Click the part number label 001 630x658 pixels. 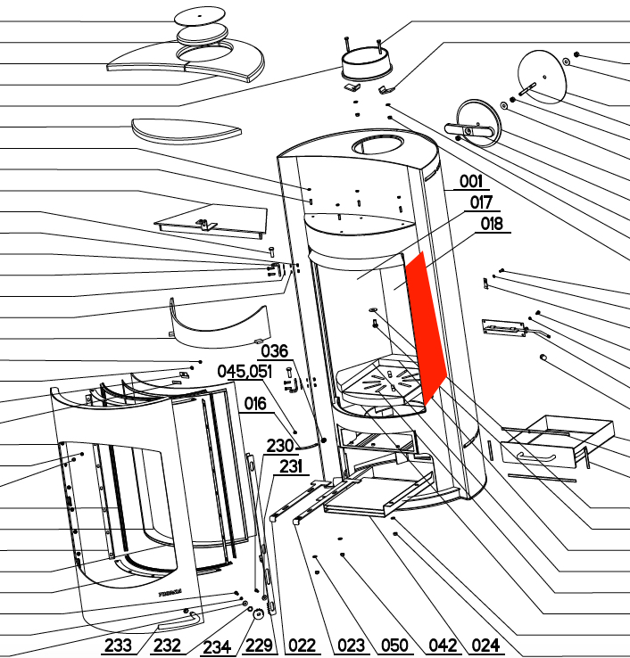[x=471, y=181]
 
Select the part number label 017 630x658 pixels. [x=481, y=202]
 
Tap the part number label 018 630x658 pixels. [x=492, y=224]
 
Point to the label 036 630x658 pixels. [x=275, y=351]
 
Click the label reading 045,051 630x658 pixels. [x=245, y=372]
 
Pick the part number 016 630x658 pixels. [x=255, y=404]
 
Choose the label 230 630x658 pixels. [x=280, y=446]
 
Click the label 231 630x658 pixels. [x=291, y=466]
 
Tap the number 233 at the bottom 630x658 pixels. [x=118, y=645]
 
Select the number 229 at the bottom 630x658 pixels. [x=259, y=645]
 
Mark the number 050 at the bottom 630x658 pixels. [x=394, y=645]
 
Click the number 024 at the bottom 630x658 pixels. [x=485, y=645]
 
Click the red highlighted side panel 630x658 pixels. [x=425, y=327]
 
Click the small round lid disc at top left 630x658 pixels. [x=200, y=16]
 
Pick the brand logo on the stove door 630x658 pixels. [x=170, y=594]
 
